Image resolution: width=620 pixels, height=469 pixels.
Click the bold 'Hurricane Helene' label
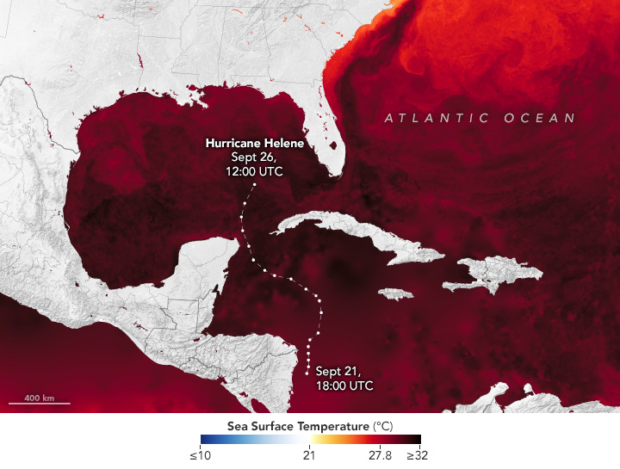(x=254, y=143)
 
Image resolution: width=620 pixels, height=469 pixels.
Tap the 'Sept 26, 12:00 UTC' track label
(x=254, y=164)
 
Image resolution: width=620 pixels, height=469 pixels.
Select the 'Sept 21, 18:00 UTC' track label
(x=344, y=379)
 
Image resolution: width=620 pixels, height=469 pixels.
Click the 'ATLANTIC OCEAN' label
(x=480, y=119)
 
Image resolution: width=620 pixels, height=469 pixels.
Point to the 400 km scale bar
(x=39, y=404)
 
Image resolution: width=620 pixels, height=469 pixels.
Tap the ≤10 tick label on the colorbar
(x=200, y=455)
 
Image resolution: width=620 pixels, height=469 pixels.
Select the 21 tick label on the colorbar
(x=309, y=455)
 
